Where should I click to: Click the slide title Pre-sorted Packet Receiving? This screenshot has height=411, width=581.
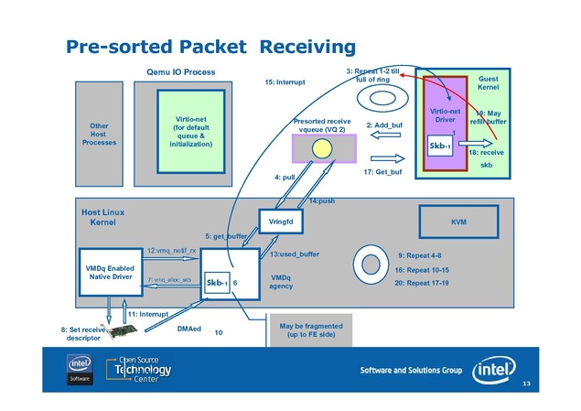[210, 46]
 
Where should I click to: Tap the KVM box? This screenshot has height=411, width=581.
[458, 222]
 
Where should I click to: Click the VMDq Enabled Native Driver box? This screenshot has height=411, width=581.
[109, 272]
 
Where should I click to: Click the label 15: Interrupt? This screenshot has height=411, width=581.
[284, 82]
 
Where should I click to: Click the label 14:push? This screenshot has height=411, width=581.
[321, 200]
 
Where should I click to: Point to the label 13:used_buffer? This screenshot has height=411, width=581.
[295, 254]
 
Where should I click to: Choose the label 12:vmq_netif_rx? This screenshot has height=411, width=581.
[172, 249]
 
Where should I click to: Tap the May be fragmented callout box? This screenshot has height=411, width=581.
[311, 331]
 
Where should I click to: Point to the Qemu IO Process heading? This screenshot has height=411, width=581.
[181, 71]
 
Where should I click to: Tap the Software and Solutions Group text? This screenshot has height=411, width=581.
[410, 371]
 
